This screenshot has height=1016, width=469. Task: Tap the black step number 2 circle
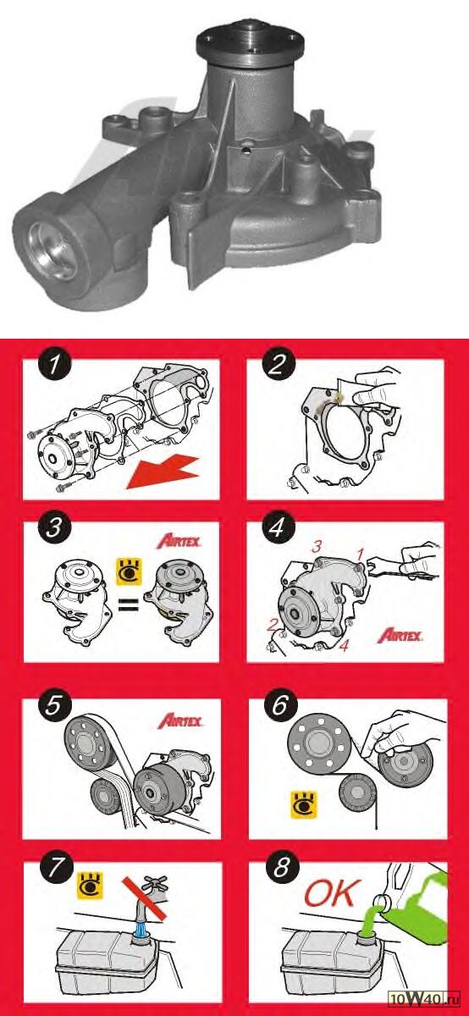click(278, 366)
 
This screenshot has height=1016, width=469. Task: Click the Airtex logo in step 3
click(179, 542)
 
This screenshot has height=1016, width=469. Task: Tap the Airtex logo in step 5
click(179, 721)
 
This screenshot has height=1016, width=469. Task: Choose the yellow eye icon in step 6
click(303, 805)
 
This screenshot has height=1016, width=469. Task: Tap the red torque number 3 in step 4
click(316, 547)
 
